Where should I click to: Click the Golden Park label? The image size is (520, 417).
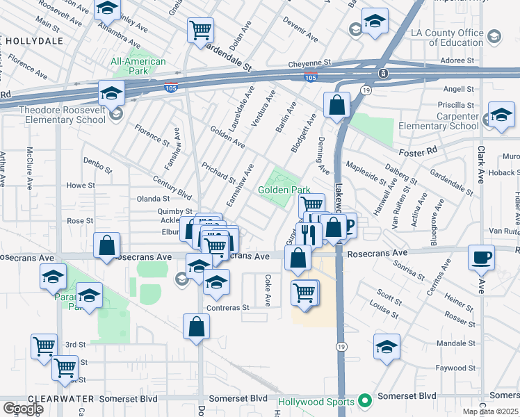(x=284, y=189)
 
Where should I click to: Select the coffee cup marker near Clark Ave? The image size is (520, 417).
(x=482, y=258)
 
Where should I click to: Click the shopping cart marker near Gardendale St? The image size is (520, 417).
(x=200, y=30)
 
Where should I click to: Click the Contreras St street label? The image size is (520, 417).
(x=227, y=307)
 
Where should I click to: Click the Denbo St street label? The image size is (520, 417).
(x=98, y=167)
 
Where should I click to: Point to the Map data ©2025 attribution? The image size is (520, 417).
(x=490, y=411)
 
